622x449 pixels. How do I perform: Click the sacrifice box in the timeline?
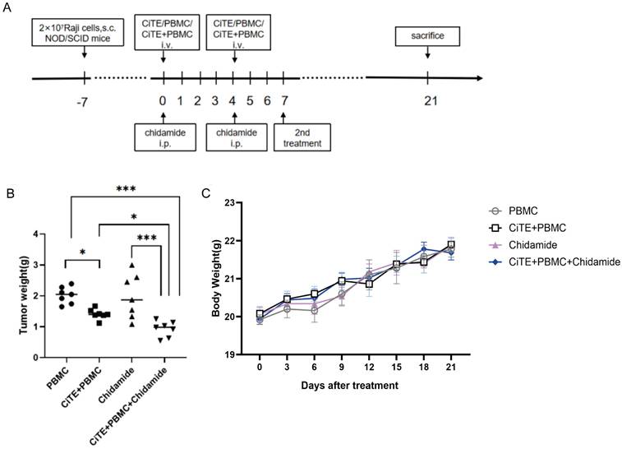point(427,37)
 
